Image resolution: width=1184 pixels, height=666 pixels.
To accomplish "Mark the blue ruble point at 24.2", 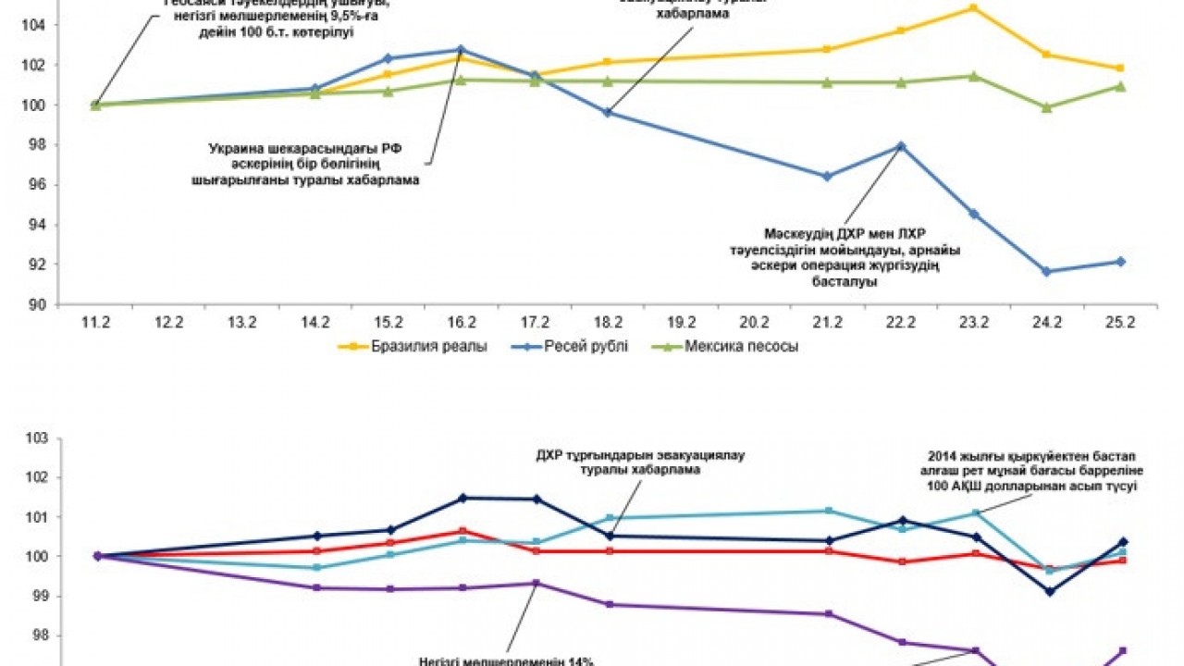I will [1046, 272].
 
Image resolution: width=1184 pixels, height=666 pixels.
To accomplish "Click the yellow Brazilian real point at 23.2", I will [973, 7].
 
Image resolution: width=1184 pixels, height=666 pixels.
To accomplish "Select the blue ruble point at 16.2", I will [462, 49].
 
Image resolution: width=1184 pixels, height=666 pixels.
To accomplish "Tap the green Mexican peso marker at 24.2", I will [1046, 107].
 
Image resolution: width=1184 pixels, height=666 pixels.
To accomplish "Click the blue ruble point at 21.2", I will [827, 177].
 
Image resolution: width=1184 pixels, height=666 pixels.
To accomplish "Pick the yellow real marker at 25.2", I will [1120, 68].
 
